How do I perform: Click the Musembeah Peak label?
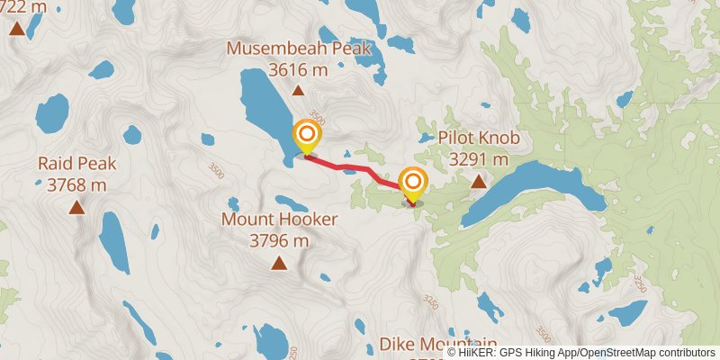[298, 49]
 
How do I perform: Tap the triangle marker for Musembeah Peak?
[298, 90]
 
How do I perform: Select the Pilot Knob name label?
[480, 139]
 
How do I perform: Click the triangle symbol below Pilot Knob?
[480, 181]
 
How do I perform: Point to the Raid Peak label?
[77, 164]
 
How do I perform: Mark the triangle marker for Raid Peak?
[77, 208]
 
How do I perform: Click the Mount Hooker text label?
[280, 220]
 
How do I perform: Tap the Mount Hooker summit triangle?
[280, 263]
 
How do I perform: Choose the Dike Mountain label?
[438, 344]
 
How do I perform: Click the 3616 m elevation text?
[298, 69]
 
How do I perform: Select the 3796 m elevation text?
[280, 240]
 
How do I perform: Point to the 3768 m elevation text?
[77, 185]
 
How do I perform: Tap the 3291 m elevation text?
[480, 159]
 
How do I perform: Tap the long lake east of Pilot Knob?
[540, 189]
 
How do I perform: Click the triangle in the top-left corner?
[16, 29]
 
